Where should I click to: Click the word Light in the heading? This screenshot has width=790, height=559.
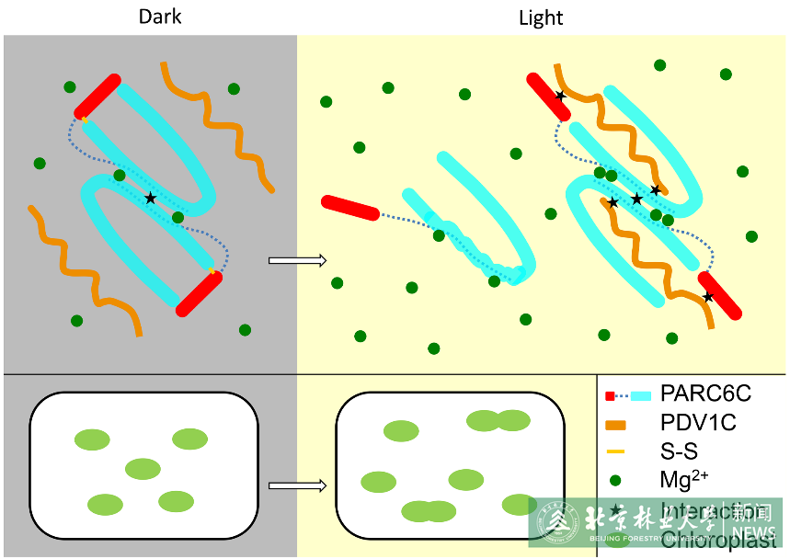(541, 17)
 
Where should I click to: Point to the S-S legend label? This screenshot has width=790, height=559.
(679, 451)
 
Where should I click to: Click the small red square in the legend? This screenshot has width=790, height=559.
(610, 395)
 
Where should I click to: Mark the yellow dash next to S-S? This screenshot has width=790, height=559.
(616, 451)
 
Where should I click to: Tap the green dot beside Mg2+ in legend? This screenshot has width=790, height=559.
(615, 480)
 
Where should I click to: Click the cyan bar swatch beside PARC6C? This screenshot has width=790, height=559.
(640, 395)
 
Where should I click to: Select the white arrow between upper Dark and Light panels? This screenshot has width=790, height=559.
(297, 260)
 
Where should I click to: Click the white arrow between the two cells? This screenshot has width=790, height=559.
(297, 485)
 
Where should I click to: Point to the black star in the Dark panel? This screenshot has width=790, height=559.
(151, 198)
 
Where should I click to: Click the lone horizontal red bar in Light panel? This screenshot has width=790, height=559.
(349, 208)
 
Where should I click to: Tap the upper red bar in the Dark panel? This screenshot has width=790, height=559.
(97, 96)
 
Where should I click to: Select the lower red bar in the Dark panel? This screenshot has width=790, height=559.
(199, 292)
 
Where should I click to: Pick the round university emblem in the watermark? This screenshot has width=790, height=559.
(560, 523)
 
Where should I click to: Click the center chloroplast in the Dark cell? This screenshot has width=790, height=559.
(143, 469)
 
